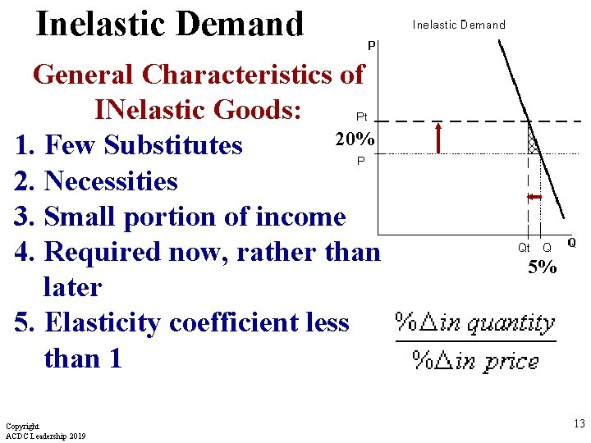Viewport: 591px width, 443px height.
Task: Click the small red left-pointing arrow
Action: click(x=534, y=198)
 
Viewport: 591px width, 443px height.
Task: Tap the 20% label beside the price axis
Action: click(x=355, y=139)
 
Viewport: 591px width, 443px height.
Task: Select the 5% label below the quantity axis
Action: click(x=542, y=267)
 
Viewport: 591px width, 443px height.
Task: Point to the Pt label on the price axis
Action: click(x=361, y=116)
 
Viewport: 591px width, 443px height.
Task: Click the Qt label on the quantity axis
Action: click(x=524, y=247)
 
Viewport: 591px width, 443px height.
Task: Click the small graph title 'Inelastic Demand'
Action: click(x=459, y=25)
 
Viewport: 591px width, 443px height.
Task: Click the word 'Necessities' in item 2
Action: click(x=111, y=180)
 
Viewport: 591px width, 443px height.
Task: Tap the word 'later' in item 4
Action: click(x=73, y=287)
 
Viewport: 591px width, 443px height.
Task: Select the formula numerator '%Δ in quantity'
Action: click(x=475, y=322)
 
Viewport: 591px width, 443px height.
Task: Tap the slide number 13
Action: click(x=579, y=424)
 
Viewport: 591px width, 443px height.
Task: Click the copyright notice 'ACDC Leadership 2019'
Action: click(x=45, y=435)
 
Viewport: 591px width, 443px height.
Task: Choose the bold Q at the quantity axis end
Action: click(x=571, y=243)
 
